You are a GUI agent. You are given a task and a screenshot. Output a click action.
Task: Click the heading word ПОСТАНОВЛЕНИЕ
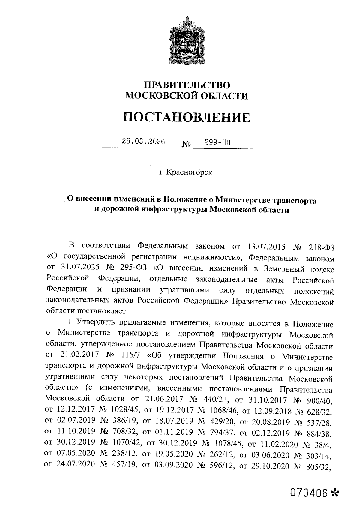(187, 117)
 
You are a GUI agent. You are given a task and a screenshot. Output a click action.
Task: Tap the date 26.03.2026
(143, 142)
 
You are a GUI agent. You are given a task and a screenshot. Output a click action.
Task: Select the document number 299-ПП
(218, 142)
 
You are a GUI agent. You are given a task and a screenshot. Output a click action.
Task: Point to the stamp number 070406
(308, 493)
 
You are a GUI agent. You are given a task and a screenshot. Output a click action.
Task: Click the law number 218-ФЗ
(321, 247)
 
